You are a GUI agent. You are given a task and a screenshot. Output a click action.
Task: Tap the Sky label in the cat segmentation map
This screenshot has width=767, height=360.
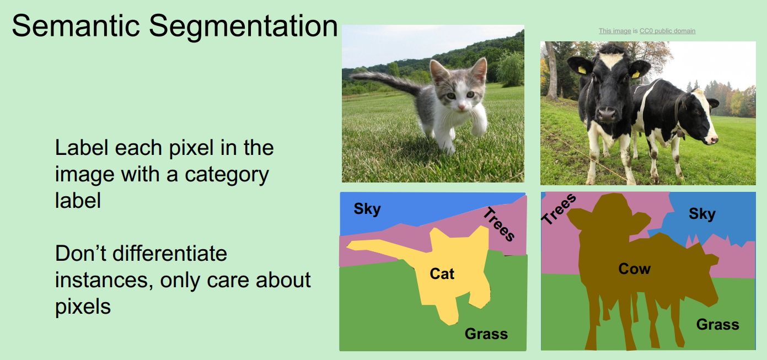367,209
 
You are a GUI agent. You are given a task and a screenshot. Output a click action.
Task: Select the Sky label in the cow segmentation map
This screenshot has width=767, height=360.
702,213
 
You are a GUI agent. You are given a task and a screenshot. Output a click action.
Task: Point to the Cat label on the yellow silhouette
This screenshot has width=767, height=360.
442,273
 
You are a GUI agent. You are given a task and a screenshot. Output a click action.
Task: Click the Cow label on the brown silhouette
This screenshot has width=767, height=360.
634,269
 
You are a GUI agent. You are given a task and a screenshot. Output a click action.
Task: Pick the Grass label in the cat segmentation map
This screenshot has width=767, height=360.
486,334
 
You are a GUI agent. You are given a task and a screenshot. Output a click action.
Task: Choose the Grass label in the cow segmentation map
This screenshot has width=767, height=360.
717,324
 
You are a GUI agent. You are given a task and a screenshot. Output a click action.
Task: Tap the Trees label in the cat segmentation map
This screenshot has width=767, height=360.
500,224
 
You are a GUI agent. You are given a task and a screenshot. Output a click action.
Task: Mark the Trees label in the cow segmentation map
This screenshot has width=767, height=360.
559,209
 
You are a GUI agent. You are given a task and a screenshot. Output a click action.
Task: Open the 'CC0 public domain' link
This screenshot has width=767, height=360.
667,31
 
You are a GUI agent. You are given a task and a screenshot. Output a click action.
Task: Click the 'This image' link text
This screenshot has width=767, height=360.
614,31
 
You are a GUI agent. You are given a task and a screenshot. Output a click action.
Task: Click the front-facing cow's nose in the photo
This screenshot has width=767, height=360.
607,114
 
